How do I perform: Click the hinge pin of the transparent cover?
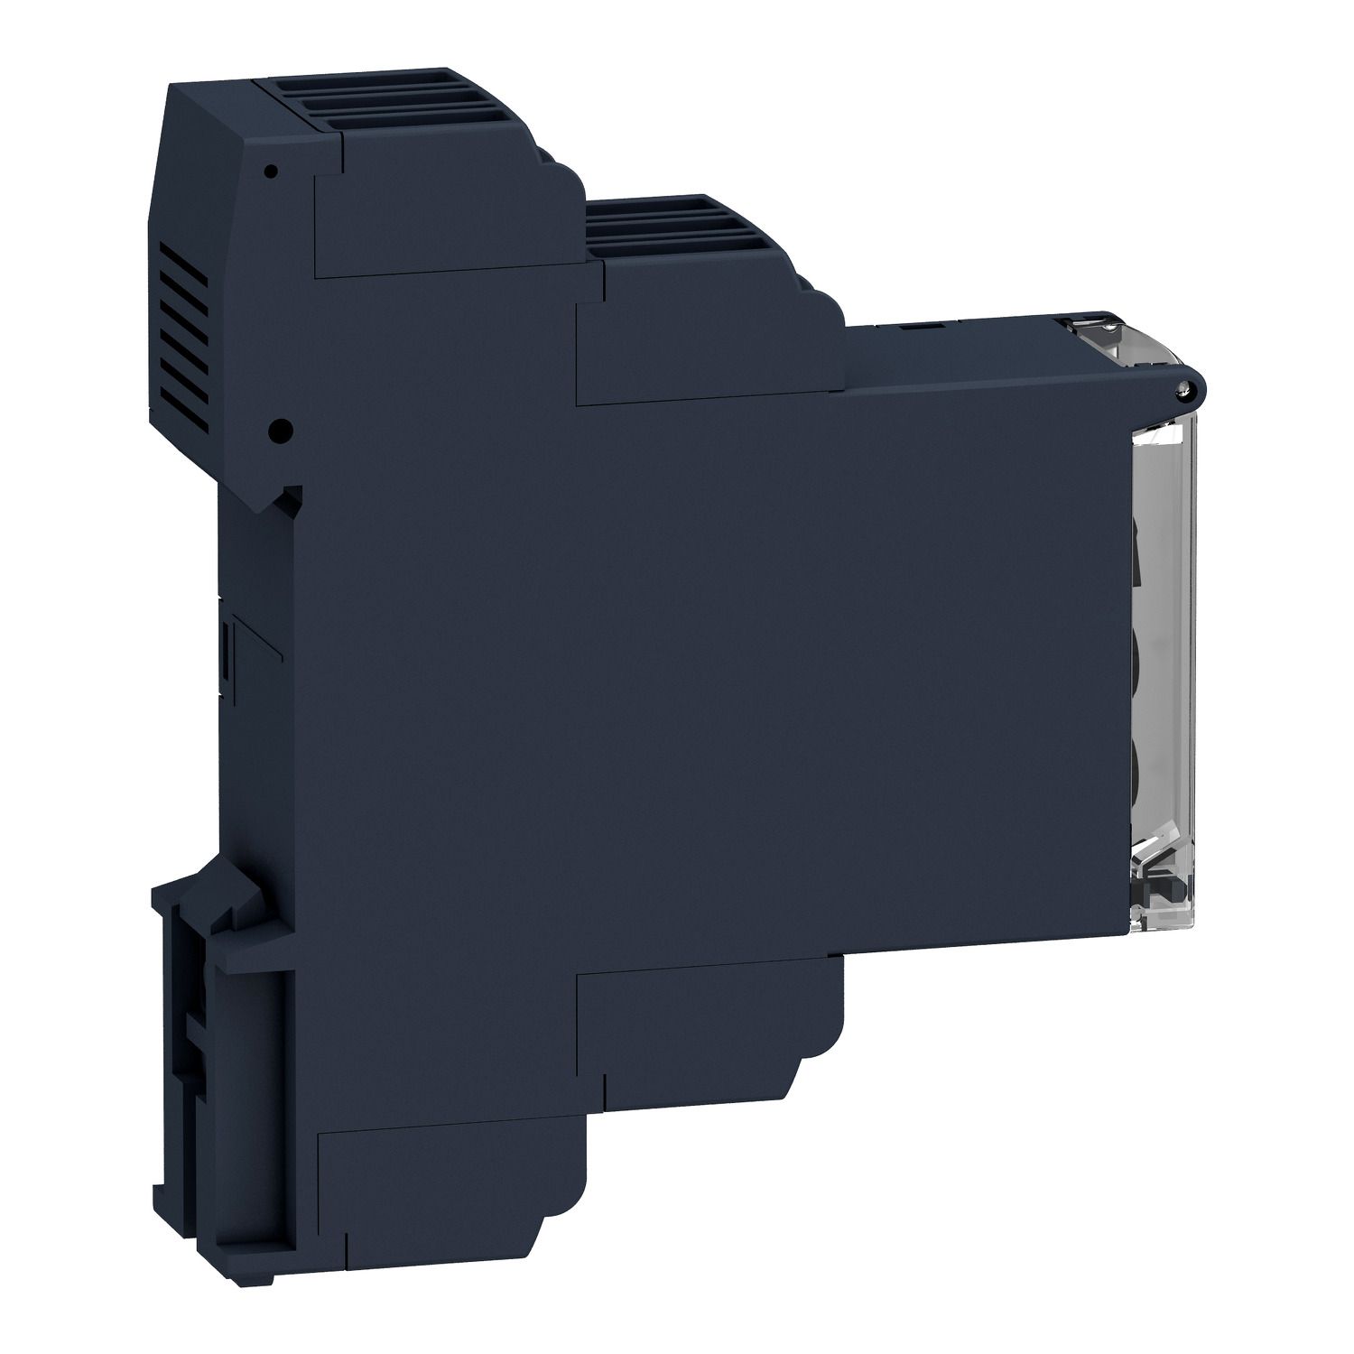coord(1183,389)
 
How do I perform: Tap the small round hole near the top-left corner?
coord(269,169)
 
